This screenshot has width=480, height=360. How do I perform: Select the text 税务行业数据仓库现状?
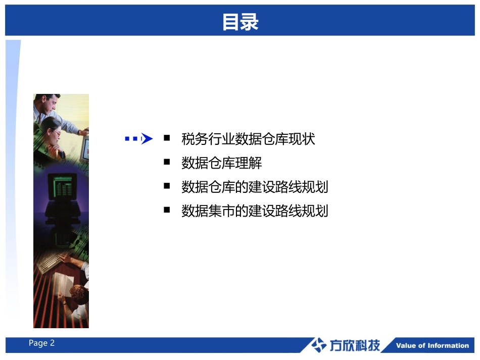248,139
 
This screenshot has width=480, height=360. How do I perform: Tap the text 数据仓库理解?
221,163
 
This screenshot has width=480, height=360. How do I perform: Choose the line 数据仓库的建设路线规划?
255,187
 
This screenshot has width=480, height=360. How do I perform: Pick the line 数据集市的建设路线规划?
255,211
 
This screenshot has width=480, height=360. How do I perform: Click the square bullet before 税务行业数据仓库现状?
167,138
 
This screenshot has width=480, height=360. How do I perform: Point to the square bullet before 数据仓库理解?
167,162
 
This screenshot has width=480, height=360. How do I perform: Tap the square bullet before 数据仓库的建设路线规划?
167,186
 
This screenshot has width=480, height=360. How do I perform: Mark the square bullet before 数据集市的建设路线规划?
167,210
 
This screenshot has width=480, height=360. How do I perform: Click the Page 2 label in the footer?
41,343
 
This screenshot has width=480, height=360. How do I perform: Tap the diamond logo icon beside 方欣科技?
318,345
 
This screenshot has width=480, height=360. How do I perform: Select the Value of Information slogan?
432,346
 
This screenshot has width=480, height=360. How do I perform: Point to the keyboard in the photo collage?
49,264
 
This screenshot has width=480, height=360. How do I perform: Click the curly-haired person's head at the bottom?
79,294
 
